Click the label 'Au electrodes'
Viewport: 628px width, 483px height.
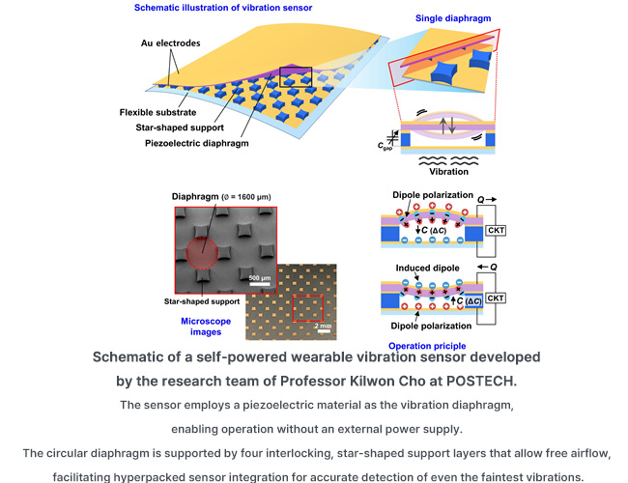click(x=170, y=43)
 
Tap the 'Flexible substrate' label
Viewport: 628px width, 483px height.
click(x=157, y=112)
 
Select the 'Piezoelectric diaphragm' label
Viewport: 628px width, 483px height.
click(x=197, y=143)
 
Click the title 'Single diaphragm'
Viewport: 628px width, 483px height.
click(x=453, y=18)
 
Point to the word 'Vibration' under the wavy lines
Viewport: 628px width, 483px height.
click(x=448, y=171)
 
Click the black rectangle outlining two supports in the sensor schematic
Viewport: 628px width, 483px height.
click(x=296, y=77)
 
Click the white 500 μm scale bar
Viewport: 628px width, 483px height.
click(x=260, y=284)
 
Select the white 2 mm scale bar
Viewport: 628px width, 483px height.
click(x=323, y=331)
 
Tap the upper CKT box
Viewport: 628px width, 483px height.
click(x=496, y=230)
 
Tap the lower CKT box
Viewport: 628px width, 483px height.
click(x=496, y=298)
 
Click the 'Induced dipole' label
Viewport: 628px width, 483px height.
click(x=427, y=268)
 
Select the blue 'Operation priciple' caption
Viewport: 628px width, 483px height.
click(x=427, y=346)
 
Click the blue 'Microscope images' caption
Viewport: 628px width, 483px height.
click(x=206, y=327)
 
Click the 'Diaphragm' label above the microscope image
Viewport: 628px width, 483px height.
click(x=195, y=197)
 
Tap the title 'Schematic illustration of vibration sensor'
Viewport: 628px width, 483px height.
click(x=223, y=8)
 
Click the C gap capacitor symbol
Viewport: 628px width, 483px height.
click(x=393, y=137)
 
